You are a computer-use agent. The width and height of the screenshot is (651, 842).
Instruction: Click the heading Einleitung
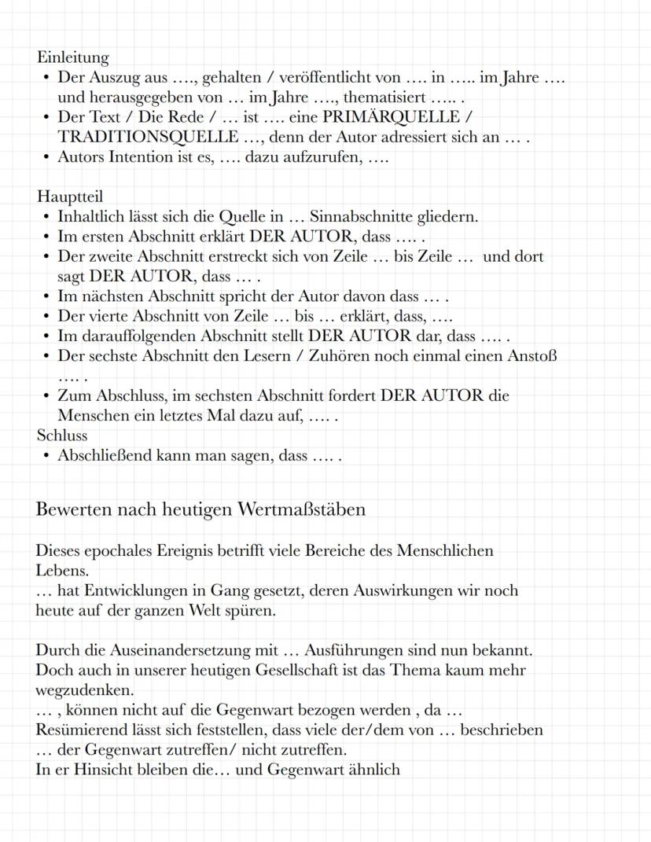click(73, 57)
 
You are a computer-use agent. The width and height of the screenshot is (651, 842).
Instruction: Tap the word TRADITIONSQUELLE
click(148, 137)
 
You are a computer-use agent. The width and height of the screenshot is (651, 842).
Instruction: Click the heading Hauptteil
click(70, 197)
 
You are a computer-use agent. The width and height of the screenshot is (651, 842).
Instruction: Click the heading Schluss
click(62, 436)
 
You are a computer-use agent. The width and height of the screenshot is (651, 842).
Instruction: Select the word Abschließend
click(108, 455)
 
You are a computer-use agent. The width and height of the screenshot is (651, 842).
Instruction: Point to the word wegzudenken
click(83, 689)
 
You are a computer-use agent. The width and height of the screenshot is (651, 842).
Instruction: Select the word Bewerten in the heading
click(74, 509)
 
